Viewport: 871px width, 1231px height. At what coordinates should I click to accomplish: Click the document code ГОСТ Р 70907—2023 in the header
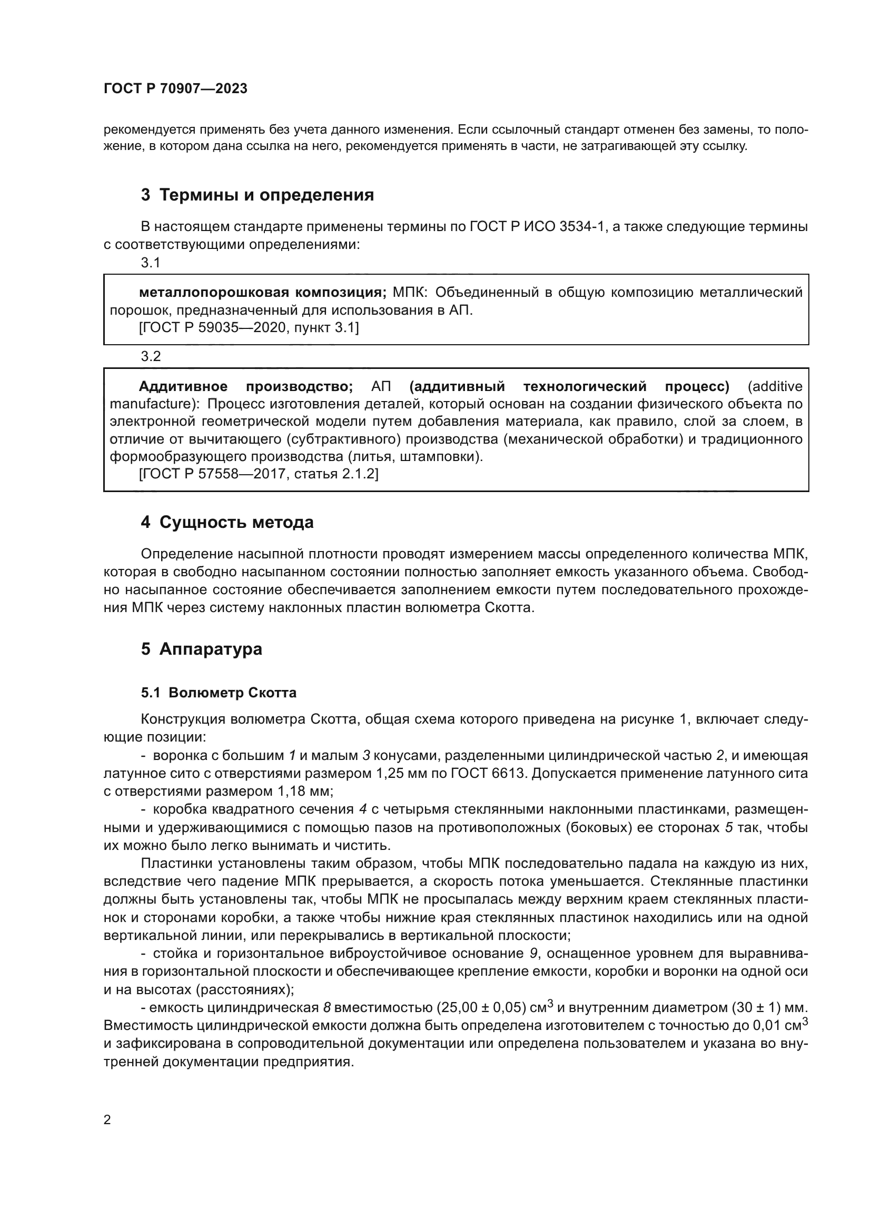coord(175,89)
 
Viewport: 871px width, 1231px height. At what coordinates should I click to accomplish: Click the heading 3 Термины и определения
coord(258,195)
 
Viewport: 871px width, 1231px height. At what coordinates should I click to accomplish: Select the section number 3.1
coord(151,263)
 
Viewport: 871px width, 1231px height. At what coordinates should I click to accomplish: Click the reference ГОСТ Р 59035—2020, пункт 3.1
coord(249,327)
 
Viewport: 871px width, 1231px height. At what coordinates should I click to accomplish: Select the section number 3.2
coord(151,356)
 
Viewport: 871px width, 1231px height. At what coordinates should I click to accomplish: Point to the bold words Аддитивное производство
coord(245,387)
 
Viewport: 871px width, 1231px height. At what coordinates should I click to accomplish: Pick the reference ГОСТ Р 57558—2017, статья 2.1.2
coord(258,474)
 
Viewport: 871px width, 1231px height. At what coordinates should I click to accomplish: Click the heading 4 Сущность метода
coord(227,522)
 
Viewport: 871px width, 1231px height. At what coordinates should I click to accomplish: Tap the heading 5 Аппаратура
coord(202,649)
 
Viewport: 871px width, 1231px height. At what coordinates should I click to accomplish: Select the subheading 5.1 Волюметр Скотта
coord(219,693)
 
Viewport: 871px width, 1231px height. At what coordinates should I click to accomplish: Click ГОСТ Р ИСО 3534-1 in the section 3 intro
coord(538,227)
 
